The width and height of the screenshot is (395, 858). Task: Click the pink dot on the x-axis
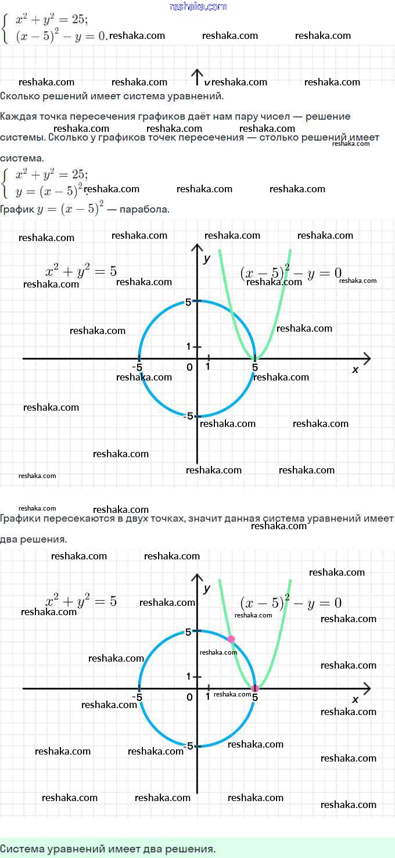[x=254, y=688]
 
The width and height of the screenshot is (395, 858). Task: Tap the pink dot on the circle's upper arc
[x=231, y=639]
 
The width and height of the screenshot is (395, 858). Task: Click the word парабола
[x=144, y=209]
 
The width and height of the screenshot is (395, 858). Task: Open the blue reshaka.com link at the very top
[x=198, y=6]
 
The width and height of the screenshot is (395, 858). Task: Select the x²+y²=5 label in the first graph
[x=81, y=271]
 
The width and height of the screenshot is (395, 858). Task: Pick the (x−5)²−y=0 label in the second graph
[x=290, y=603]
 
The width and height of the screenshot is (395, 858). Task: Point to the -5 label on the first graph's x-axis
[x=137, y=367]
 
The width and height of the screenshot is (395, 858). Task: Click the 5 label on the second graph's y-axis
[x=188, y=632]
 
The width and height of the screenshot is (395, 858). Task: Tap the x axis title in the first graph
[x=355, y=369]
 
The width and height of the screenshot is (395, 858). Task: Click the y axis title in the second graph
[x=206, y=588]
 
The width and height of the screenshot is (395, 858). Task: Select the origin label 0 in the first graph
[x=189, y=367]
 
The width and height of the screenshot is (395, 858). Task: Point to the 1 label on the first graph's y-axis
[x=188, y=347]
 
